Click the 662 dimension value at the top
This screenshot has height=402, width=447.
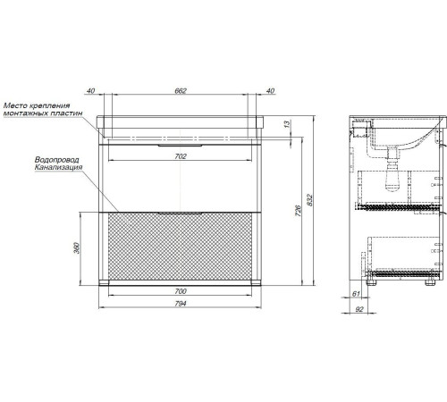(181, 90)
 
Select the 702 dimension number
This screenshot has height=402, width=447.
(181, 156)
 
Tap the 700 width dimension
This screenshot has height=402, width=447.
(181, 291)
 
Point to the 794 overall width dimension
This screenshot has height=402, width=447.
(181, 304)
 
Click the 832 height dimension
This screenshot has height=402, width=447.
(309, 200)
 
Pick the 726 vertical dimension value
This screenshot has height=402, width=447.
(299, 210)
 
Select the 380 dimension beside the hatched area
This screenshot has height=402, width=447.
(77, 248)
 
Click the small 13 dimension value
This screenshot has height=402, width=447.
(287, 124)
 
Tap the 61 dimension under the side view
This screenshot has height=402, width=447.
(356, 294)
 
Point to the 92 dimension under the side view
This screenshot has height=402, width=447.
(359, 309)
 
